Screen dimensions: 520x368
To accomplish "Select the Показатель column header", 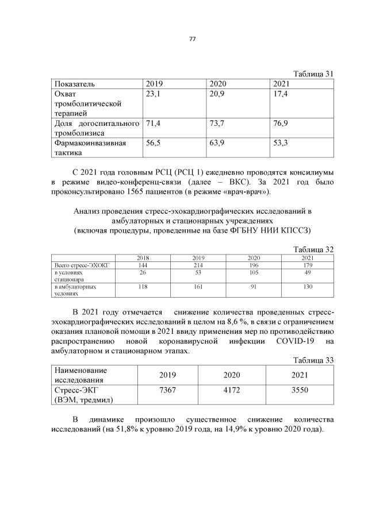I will tap(74, 84).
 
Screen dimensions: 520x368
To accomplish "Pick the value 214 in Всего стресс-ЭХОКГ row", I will tap(198, 265).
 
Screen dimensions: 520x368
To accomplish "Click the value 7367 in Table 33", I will tap(167, 390).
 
